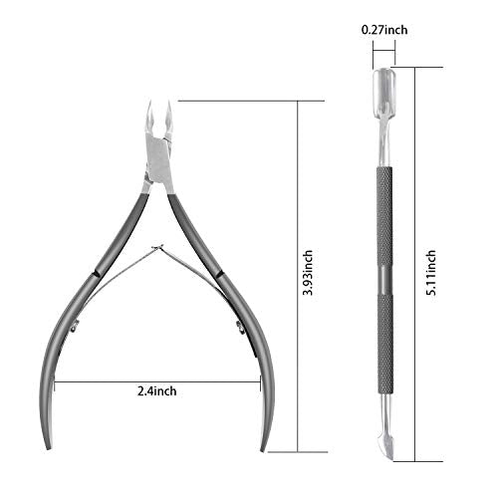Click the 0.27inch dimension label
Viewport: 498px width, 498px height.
[x=384, y=30]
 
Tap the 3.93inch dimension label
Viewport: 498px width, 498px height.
[x=308, y=273]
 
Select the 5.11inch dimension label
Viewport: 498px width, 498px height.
[x=430, y=273]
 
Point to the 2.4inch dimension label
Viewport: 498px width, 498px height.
[x=157, y=391]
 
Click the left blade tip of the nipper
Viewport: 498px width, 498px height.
[x=150, y=101]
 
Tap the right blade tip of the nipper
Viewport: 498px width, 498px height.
[x=168, y=102]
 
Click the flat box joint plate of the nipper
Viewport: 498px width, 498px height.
[x=159, y=159]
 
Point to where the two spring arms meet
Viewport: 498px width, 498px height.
[x=157, y=247]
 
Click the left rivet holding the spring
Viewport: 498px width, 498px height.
[x=75, y=326]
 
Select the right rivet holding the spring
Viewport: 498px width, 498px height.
[x=240, y=327]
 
